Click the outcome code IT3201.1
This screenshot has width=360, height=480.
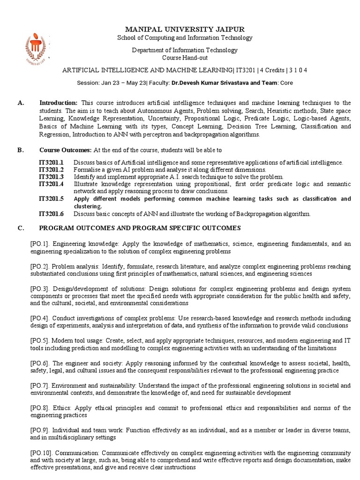coord(51,163)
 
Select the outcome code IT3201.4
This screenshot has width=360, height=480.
coord(51,184)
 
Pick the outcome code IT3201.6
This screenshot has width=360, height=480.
coord(51,214)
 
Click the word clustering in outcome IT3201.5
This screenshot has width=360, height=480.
coord(88,206)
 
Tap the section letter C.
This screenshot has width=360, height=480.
coord(20,228)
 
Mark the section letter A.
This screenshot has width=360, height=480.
coord(20,103)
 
